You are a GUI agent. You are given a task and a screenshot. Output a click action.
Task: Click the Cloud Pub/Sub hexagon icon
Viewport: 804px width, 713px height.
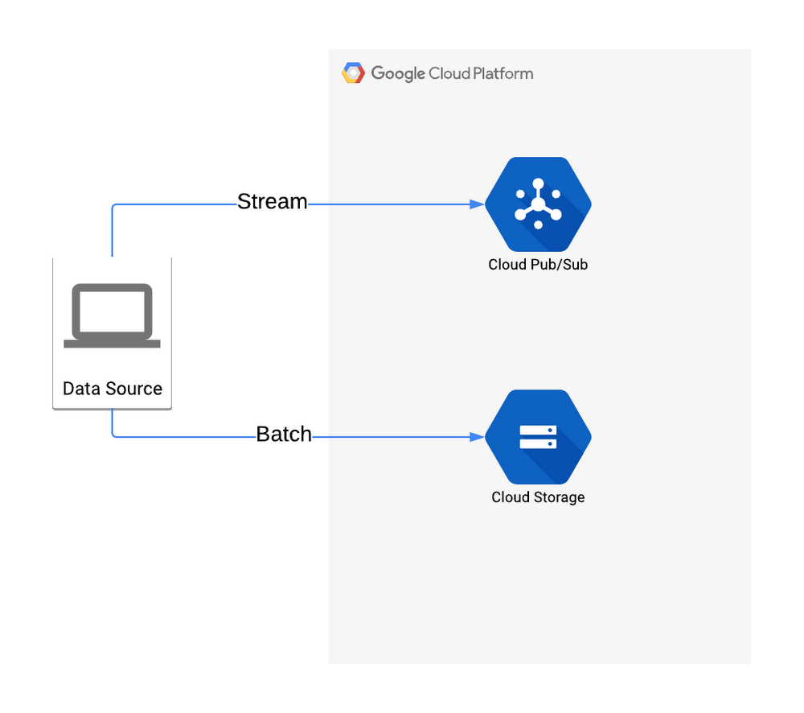click(538, 204)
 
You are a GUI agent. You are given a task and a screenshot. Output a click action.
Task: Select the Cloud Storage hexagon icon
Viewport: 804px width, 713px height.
click(538, 437)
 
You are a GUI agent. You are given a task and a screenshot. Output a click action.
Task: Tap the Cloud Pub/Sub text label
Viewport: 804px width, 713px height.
click(538, 265)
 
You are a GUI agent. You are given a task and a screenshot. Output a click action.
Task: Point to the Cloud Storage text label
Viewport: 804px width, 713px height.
click(538, 497)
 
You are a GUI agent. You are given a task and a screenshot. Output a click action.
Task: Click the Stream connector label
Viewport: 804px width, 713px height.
click(273, 202)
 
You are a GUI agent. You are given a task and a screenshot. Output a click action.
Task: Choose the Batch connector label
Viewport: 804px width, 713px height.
click(284, 435)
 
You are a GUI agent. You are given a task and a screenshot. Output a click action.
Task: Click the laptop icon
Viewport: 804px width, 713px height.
click(113, 315)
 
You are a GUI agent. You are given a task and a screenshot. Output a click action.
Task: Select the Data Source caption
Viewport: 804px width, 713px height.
click(113, 389)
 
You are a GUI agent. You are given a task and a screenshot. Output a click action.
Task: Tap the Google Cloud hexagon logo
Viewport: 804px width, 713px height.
click(353, 73)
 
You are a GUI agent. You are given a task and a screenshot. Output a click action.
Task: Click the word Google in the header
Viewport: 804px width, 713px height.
click(398, 73)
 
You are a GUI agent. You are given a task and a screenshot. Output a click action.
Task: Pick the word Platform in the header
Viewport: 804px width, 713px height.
click(503, 73)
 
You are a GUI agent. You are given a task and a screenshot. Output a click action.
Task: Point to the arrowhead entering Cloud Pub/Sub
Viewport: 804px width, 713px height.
click(478, 204)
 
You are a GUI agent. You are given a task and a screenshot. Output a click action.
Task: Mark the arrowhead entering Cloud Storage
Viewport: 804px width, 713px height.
click(478, 437)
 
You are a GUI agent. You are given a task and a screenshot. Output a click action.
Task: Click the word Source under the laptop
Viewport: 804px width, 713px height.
click(133, 389)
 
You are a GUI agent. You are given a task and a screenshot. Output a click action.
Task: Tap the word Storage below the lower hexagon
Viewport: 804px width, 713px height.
click(560, 497)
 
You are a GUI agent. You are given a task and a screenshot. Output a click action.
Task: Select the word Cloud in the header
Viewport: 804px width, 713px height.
click(449, 73)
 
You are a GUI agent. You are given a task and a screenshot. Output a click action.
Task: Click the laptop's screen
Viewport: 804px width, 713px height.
click(113, 311)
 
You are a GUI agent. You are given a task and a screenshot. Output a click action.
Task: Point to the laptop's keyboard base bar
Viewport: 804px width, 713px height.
click(113, 344)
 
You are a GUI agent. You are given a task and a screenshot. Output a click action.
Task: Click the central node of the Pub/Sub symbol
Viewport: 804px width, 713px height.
click(538, 204)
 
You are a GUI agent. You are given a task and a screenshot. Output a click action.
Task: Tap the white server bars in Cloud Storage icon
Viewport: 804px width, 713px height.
click(538, 437)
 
